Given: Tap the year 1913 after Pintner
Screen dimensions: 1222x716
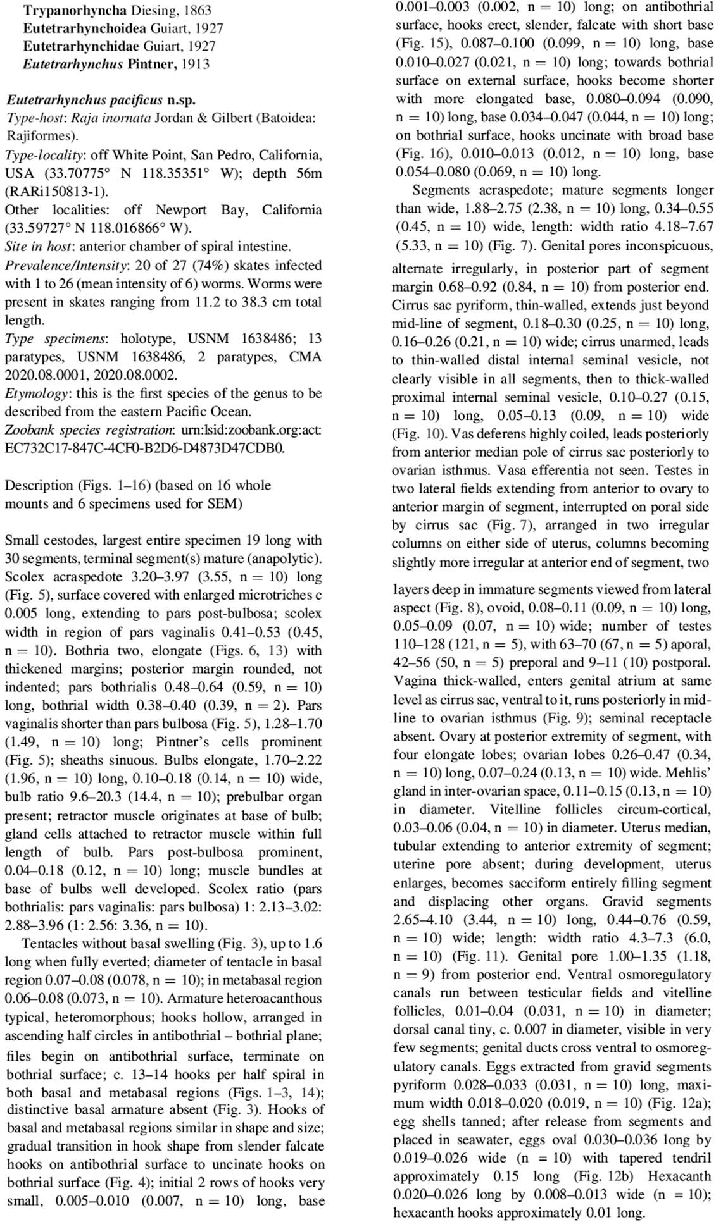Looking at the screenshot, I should pos(195,64).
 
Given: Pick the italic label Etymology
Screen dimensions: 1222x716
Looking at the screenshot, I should pos(35,393).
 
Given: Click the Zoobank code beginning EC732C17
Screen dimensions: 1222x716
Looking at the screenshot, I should pos(144,448).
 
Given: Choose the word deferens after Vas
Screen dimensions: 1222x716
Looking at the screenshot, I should pos(441,435).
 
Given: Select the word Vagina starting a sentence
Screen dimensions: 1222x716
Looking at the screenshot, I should pos(414,681).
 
